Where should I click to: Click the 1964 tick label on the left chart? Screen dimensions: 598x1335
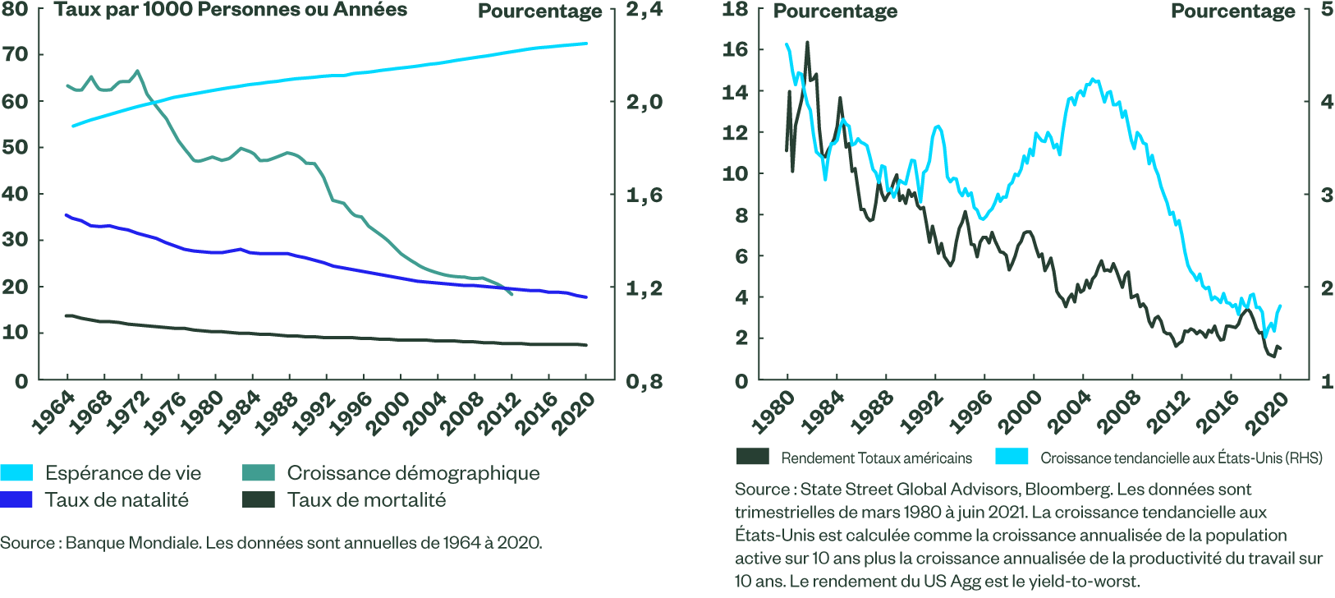[53, 413]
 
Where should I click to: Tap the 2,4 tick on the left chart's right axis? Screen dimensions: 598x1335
[644, 10]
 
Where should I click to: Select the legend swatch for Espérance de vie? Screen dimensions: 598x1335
[16, 473]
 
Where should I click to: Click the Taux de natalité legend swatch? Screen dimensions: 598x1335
[16, 499]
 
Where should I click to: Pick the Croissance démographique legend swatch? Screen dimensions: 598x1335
[259, 473]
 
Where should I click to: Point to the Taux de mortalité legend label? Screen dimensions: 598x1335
[366, 500]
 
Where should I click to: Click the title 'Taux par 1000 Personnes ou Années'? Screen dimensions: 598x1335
[231, 10]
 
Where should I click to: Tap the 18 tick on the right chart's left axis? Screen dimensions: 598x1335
[735, 10]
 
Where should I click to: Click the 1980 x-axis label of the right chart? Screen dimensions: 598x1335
[773, 413]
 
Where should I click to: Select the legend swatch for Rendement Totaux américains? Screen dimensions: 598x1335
[753, 457]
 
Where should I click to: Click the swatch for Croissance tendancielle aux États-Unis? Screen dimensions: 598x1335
[1012, 457]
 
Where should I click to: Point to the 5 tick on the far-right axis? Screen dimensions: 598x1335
[1327, 10]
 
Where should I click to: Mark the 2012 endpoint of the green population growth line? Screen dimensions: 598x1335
[512, 294]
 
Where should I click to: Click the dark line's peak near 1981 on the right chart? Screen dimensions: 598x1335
[807, 43]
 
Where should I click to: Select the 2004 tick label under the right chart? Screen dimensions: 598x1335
[1069, 413]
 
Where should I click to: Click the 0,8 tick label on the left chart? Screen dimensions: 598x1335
[644, 382]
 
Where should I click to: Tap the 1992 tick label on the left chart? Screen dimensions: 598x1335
[313, 413]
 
